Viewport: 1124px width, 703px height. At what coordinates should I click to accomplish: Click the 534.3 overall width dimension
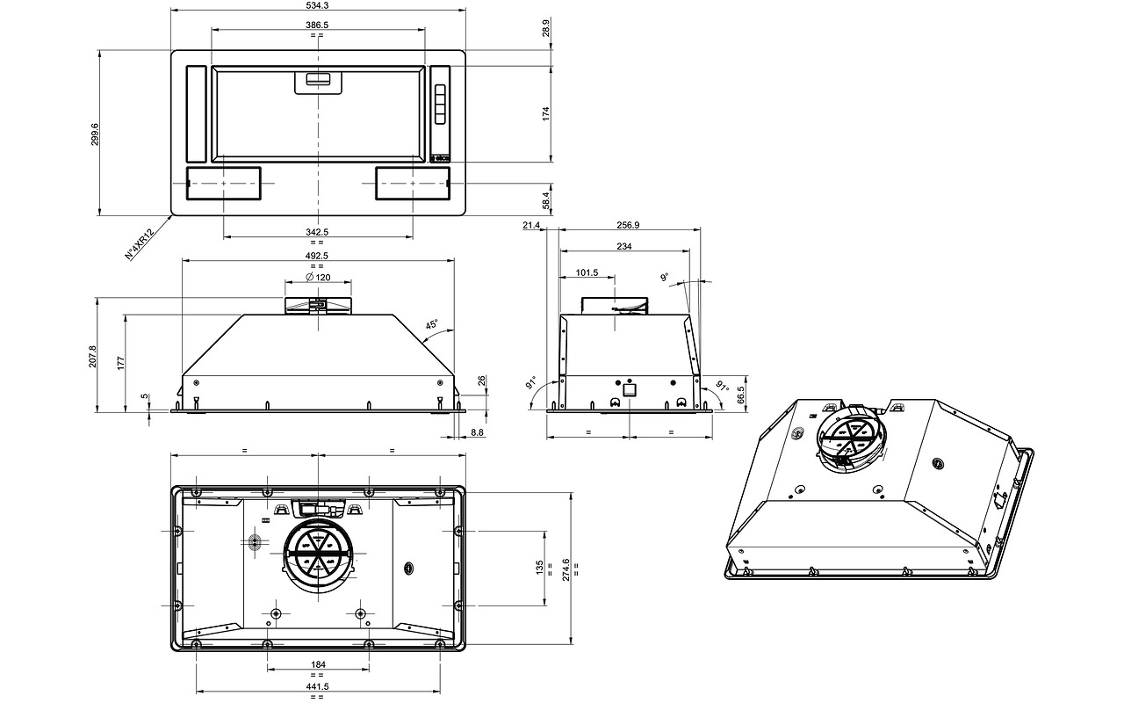[x=318, y=5]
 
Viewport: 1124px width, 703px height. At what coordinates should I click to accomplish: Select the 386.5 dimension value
[x=317, y=25]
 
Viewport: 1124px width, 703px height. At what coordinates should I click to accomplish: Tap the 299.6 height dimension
[x=95, y=134]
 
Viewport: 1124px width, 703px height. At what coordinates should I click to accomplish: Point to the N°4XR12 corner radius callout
[x=140, y=243]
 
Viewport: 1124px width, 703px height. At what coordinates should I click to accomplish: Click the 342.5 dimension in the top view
[x=317, y=231]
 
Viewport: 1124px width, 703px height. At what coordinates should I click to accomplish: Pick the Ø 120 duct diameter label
[x=317, y=277]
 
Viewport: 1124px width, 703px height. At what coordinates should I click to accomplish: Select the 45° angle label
[x=431, y=325]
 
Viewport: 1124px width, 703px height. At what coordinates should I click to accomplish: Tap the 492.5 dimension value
[x=317, y=256]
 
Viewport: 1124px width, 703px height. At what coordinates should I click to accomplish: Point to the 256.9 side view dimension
[x=629, y=225]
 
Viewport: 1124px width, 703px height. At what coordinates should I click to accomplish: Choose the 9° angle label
[x=666, y=278]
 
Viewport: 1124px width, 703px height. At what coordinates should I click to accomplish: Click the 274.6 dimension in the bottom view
[x=566, y=569]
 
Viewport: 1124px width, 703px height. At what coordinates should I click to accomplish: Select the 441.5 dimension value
[x=317, y=686]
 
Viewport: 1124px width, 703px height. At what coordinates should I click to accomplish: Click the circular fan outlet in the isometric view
[x=849, y=438]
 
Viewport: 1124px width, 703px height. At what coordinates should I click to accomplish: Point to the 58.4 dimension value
[x=546, y=200]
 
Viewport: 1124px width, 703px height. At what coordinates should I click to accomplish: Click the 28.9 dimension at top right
[x=546, y=26]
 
